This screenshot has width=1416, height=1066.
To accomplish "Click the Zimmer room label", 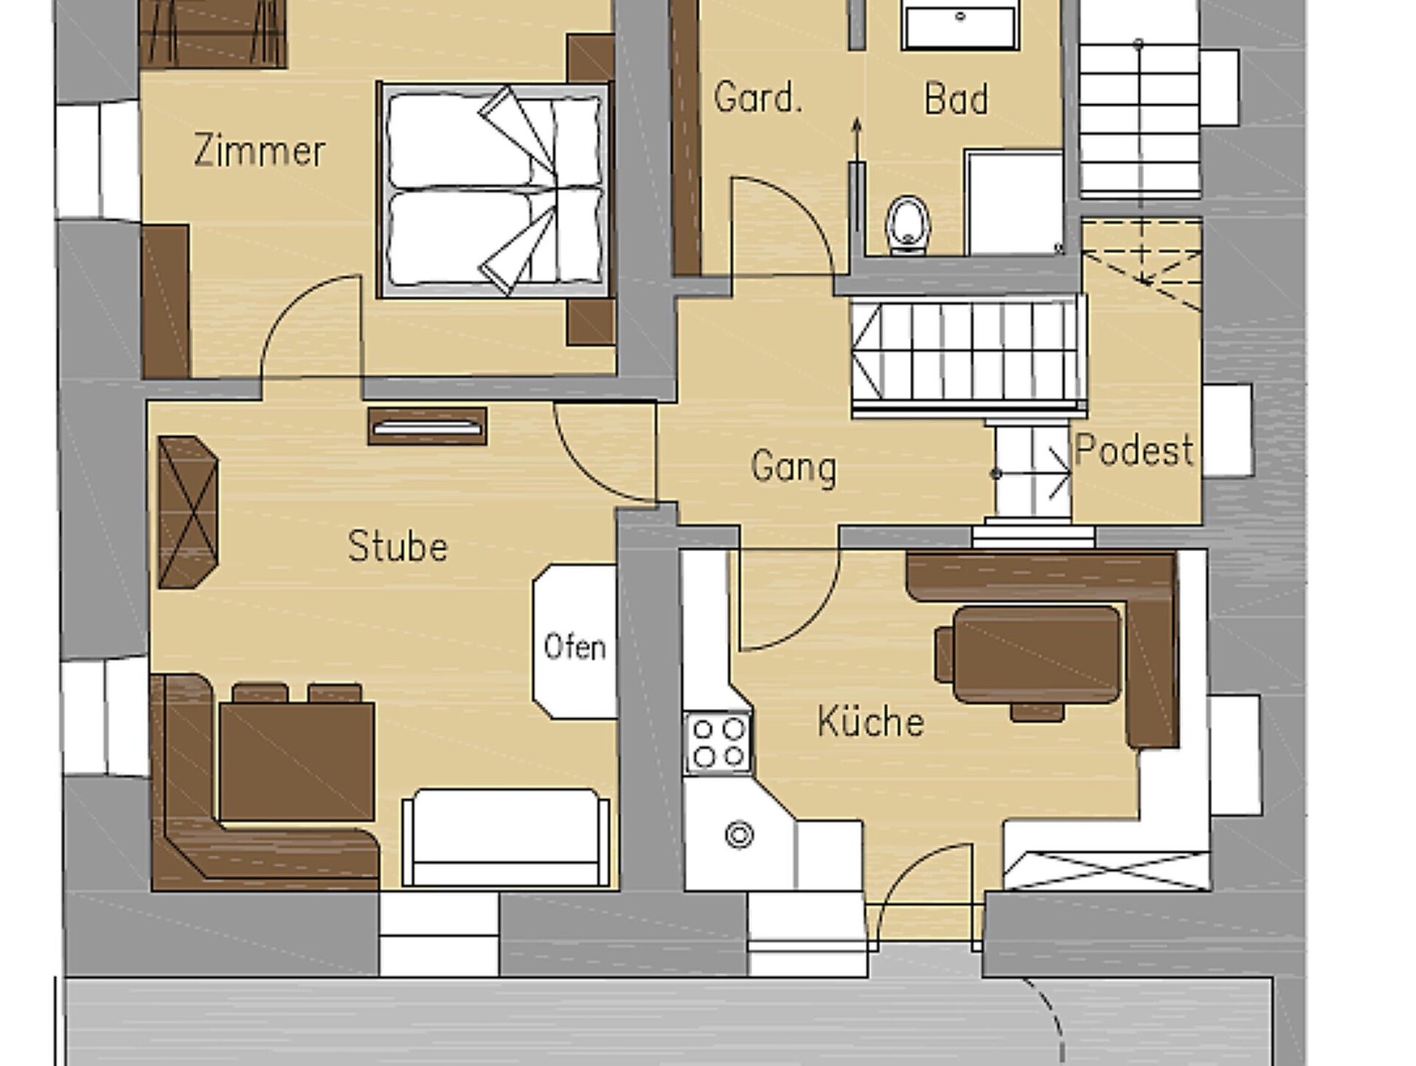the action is tap(259, 150).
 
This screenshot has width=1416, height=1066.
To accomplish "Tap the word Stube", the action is tap(398, 547).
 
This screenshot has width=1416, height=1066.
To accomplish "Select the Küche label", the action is tap(870, 721).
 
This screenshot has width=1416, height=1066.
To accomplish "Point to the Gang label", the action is tap(794, 468).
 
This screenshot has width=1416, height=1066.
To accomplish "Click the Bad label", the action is tap(956, 99).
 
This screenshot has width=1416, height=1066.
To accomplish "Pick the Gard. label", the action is tap(757, 97).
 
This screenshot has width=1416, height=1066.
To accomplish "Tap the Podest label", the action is tap(1134, 449).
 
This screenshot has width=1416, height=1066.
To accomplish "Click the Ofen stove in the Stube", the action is tap(575, 641).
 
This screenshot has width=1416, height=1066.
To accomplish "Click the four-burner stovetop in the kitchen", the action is tap(718, 742).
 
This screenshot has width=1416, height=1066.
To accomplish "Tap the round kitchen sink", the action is tap(739, 835).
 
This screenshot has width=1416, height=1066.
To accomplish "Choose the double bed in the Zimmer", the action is tap(494, 190).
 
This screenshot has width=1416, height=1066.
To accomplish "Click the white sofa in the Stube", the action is tap(506, 837).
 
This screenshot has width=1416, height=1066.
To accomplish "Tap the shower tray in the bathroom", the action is tap(1014, 203).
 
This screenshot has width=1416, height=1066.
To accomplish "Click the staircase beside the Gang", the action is tap(968, 356).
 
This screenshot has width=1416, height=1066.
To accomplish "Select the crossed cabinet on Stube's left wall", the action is tap(189, 512).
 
